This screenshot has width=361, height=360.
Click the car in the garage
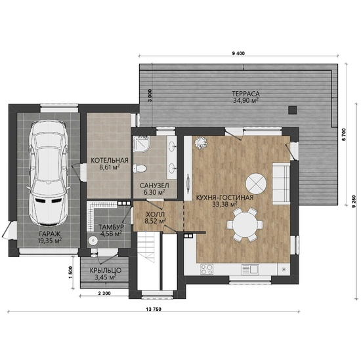tap(49, 172)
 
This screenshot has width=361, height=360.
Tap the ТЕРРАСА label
tap(245, 94)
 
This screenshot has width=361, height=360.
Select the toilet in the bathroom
tap(140, 168)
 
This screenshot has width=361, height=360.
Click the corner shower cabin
tap(141, 144)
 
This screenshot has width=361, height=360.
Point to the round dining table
tap(245, 224)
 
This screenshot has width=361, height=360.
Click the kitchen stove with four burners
tap(207, 270)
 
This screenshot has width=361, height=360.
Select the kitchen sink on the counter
tap(250, 269)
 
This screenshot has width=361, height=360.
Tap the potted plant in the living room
tap(201, 142)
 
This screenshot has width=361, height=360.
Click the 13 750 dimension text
tap(154, 309)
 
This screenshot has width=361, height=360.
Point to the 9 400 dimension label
tap(238, 53)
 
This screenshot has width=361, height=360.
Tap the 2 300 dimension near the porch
tap(104, 293)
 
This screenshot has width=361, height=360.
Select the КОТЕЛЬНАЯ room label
tap(110, 161)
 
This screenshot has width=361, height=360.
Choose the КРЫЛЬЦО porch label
tap(106, 271)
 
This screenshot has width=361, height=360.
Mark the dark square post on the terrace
tap(293, 110)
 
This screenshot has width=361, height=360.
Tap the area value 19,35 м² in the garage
tap(50, 241)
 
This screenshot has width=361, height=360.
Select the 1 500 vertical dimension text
tap(71, 272)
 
